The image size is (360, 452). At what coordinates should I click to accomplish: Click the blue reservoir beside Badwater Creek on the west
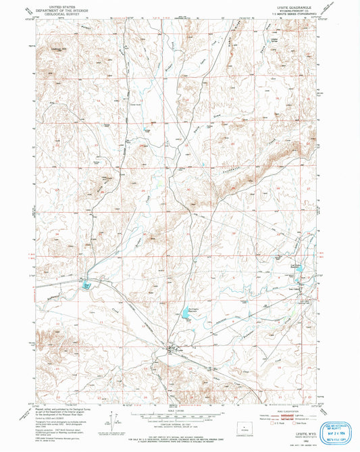click(x=87, y=286)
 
